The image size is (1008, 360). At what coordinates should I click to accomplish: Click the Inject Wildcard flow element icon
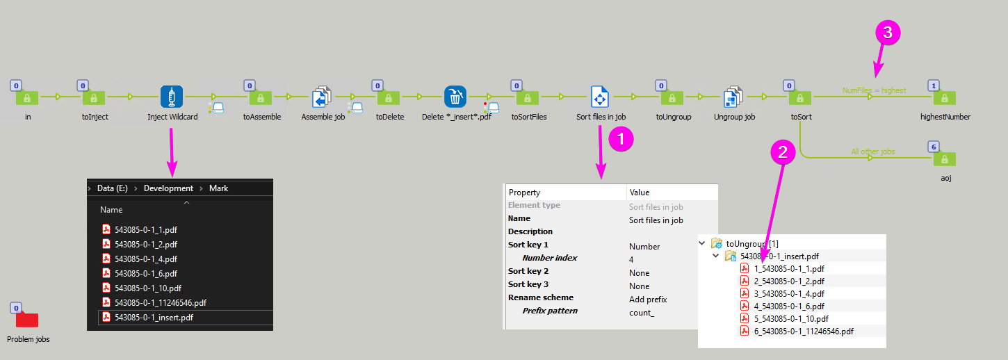[172, 97]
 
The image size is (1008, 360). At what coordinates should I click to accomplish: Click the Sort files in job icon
[601, 97]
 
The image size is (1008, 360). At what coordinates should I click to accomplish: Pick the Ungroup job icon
[734, 97]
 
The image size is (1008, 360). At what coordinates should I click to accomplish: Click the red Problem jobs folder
[27, 320]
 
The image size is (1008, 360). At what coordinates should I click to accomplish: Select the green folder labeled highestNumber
[944, 97]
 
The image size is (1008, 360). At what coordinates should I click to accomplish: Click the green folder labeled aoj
[944, 159]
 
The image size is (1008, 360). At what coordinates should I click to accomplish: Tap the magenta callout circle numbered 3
[888, 33]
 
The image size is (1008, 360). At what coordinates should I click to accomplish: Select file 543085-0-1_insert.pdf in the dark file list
[154, 318]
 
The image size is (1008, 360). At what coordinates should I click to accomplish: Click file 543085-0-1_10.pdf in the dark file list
[148, 288]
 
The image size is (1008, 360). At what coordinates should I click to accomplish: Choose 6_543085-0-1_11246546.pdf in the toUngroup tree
[804, 331]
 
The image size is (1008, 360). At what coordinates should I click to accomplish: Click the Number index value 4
[631, 259]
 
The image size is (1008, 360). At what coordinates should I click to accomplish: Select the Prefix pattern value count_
[641, 313]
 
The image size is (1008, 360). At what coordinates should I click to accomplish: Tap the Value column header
[640, 193]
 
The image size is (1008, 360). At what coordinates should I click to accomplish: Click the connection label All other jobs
[873, 152]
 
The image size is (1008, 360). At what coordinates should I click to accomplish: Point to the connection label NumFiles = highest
[874, 90]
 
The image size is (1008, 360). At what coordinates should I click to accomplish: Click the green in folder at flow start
[28, 97]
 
